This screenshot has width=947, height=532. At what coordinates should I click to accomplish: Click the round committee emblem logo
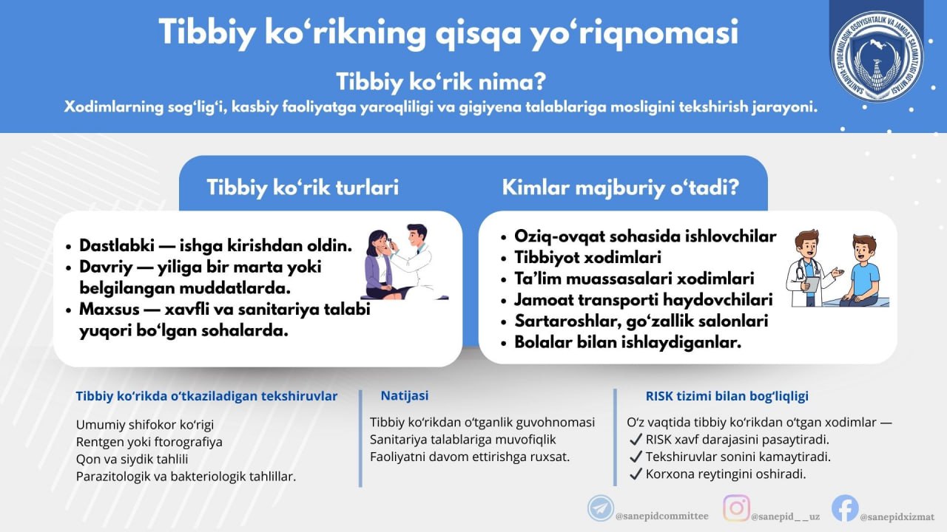877,56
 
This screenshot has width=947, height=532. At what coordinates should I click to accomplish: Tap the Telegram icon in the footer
600,508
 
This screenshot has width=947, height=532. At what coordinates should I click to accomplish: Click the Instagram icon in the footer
736,508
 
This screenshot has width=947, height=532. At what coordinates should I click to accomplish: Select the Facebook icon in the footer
845,508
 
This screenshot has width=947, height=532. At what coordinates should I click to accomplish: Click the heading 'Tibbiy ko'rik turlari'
303,187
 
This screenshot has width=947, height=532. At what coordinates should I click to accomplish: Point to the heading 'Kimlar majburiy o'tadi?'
620,187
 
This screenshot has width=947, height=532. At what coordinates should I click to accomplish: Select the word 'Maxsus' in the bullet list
108,309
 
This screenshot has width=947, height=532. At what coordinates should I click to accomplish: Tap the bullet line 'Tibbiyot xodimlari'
588,257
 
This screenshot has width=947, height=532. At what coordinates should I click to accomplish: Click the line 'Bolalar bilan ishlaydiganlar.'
628,342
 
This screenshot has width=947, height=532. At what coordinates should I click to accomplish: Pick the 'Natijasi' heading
404,396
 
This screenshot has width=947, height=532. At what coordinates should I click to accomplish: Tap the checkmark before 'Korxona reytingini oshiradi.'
635,474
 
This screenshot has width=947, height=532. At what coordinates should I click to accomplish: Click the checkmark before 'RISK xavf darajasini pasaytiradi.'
635,440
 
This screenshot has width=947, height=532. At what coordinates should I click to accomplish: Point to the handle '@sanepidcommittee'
661,516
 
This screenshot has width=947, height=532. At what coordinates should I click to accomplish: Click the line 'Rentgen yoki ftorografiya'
149,442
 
